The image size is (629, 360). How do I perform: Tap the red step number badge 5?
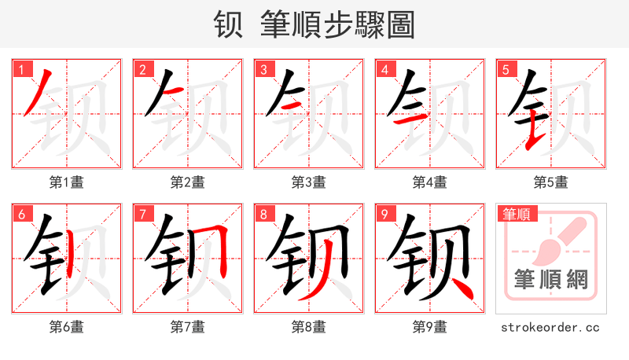pyautogui.click(x=506, y=70)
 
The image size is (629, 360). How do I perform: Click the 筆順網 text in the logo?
pyautogui.click(x=550, y=279)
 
